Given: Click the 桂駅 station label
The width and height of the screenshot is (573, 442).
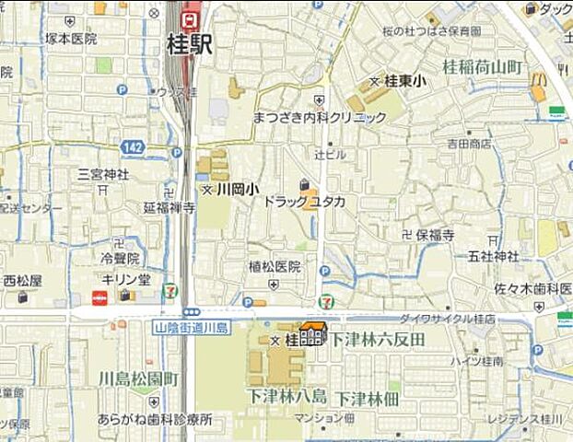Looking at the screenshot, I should tap(190, 44).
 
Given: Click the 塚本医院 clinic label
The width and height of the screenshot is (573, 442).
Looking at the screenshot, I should tap(71, 39).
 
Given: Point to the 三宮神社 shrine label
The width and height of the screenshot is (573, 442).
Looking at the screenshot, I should tap(103, 173).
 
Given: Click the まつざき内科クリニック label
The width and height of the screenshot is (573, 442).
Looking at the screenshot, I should tap(319, 118).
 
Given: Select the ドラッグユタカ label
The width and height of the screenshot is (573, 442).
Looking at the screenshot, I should tap(304, 200).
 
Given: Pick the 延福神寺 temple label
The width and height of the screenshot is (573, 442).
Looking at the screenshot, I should tap(169, 208).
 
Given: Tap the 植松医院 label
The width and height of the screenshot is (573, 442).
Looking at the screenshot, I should tap(275, 267).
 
